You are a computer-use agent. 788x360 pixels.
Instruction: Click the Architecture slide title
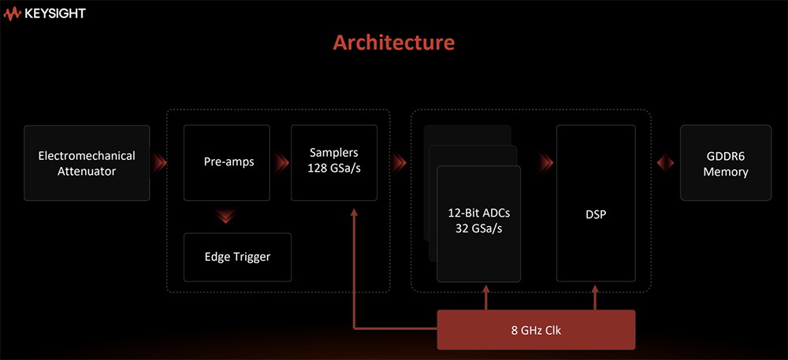click(x=393, y=42)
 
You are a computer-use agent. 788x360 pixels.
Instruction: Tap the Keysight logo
click(x=44, y=13)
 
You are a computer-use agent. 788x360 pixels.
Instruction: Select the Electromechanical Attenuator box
click(x=87, y=163)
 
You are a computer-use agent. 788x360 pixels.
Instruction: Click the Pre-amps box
click(x=227, y=163)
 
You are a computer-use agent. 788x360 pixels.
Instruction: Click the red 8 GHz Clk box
click(x=536, y=329)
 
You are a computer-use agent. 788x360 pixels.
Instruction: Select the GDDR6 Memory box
click(x=725, y=163)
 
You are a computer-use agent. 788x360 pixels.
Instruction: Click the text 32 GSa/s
click(x=478, y=228)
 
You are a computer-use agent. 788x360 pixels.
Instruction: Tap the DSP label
click(x=596, y=214)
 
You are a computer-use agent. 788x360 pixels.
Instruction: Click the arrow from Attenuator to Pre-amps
click(x=160, y=163)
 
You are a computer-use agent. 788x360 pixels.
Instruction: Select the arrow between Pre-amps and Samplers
click(x=281, y=163)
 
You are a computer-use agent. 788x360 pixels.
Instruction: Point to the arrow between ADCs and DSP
click(x=546, y=163)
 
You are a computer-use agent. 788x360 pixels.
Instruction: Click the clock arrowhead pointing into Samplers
click(x=355, y=213)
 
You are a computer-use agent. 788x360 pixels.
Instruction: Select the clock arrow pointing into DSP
click(x=596, y=295)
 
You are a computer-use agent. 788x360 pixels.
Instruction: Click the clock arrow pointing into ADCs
click(x=487, y=295)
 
